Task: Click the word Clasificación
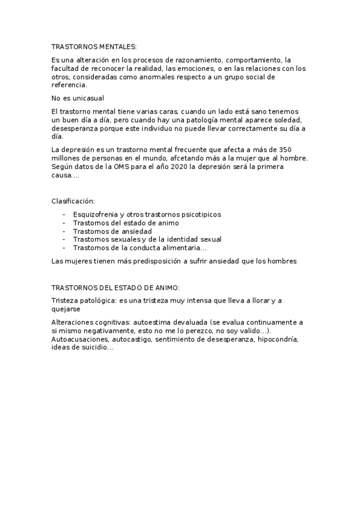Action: [73, 201]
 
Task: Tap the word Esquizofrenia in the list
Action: [96, 214]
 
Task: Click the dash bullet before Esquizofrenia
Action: [64, 214]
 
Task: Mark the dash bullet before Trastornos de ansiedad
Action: [64, 231]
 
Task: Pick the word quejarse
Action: [67, 309]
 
